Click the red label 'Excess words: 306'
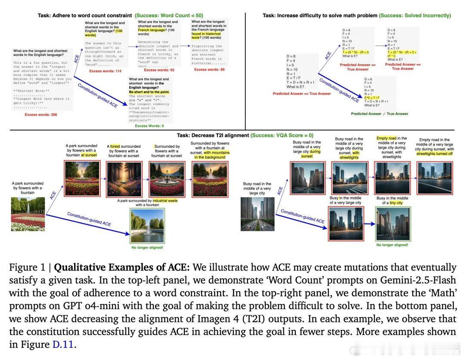(41, 115)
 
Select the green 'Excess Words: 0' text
(149, 126)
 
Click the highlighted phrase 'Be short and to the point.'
(149, 92)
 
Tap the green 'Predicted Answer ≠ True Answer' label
(379, 114)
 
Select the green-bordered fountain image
(148, 226)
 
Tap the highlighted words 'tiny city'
(395, 202)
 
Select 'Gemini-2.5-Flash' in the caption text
(418, 280)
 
